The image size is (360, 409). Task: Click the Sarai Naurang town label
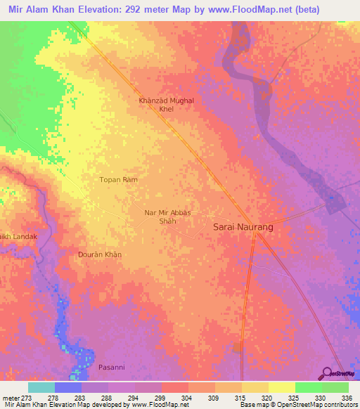[243, 228]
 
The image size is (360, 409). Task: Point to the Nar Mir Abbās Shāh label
[167, 216]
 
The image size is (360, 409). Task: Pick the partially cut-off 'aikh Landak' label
[18, 237]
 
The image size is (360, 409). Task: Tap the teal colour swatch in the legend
[41, 387]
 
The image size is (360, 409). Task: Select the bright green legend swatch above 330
[308, 387]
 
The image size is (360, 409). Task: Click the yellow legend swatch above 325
[281, 387]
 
